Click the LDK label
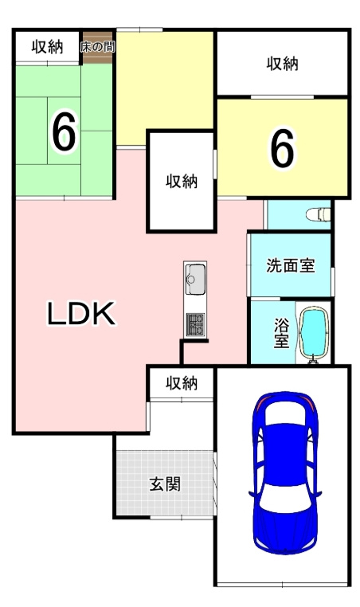[x=81, y=315]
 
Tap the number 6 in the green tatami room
[x=64, y=132]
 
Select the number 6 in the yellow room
[x=282, y=147]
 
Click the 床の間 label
[x=97, y=47]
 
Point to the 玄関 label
[x=164, y=484]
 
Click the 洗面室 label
[x=290, y=265]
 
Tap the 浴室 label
[x=281, y=332]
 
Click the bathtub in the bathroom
[x=315, y=334]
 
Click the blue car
[x=284, y=474]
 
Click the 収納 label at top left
[x=47, y=47]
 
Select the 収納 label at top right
[x=282, y=63]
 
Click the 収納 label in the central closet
[x=181, y=181]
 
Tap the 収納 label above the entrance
[x=181, y=383]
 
